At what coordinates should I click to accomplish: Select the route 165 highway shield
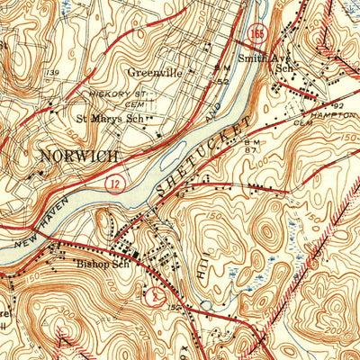(x=257, y=33)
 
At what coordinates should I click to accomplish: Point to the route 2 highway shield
(x=158, y=297)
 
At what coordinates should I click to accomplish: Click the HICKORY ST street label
(x=114, y=94)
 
